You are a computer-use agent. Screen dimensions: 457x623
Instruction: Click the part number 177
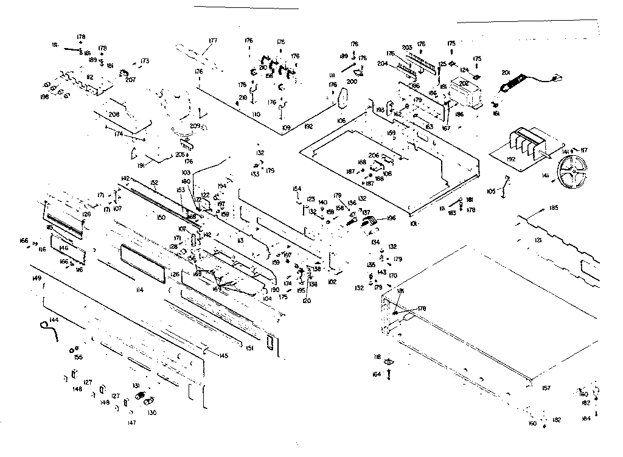tap(213, 41)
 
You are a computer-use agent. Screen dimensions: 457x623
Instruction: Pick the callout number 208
tap(114, 114)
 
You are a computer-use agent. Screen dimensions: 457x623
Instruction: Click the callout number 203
tap(406, 47)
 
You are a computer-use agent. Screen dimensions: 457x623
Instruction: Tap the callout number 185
tap(552, 208)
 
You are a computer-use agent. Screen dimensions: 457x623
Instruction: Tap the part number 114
tap(139, 289)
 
